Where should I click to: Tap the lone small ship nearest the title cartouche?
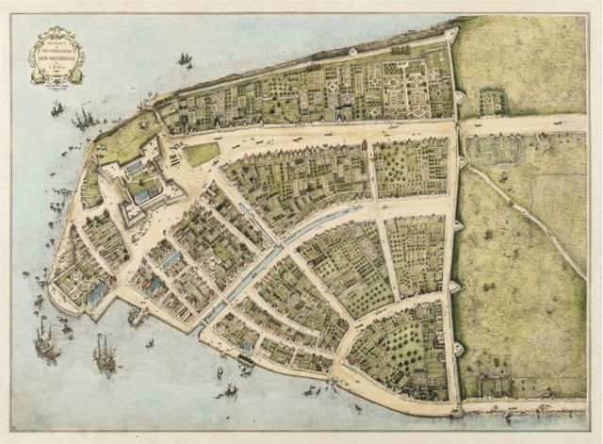point(185,60)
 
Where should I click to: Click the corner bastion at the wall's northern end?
point(453,36)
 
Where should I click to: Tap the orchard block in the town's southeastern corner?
point(400,349)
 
